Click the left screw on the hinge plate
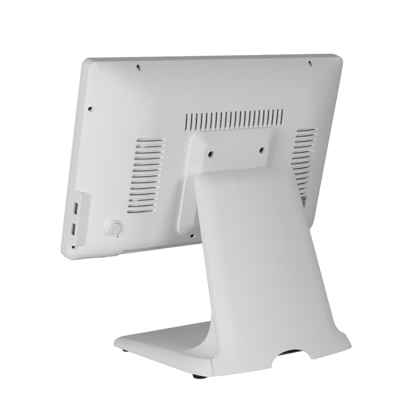[210, 154]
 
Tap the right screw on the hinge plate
[262, 150]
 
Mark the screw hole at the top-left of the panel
[139, 67]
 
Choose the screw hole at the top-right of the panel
[310, 63]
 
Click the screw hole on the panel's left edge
[90, 109]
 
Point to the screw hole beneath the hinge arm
[192, 236]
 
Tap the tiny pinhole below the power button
[118, 236]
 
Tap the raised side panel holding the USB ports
[82, 218]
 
